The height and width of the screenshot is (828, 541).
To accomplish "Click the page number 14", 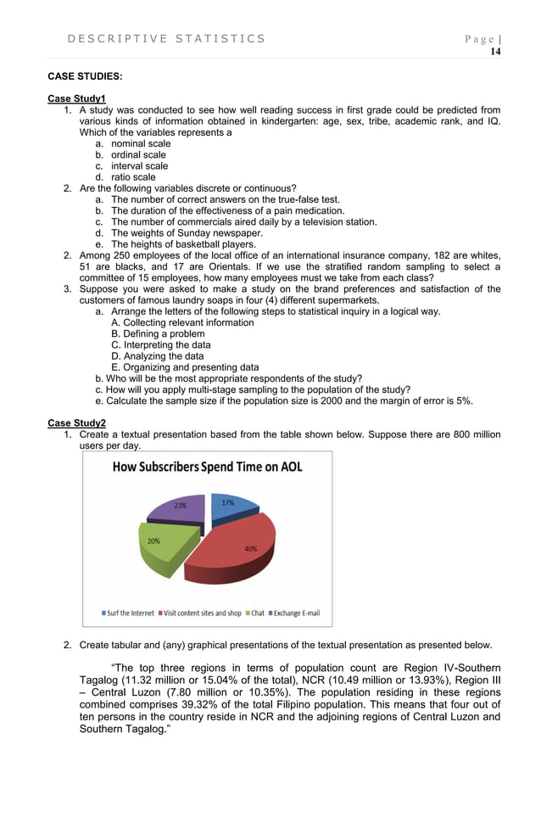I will click(x=495, y=52).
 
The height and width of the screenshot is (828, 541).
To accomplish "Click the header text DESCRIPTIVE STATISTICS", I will click(x=165, y=38).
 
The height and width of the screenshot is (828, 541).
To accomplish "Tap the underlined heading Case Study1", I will click(x=76, y=99).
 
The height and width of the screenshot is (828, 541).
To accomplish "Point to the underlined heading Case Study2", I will click(x=76, y=422).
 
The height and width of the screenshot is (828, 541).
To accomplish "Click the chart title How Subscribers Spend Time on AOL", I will click(x=208, y=467).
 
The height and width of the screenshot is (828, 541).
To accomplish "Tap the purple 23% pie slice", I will click(x=180, y=507).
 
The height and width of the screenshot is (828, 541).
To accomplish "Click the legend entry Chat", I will click(x=257, y=613).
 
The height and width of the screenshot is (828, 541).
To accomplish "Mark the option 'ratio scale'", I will click(x=133, y=177).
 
